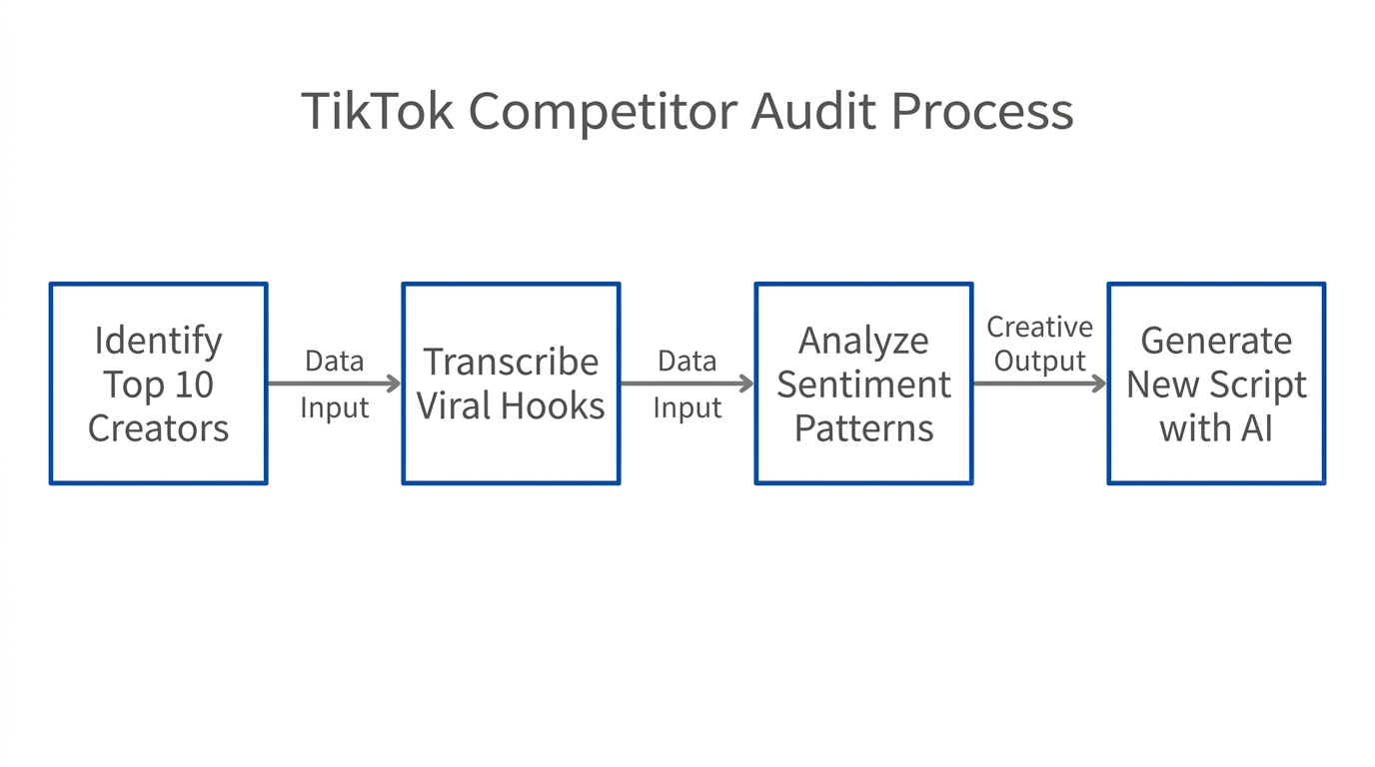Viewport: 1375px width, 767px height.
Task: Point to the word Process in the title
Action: (982, 111)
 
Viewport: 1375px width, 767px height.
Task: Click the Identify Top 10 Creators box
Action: (158, 383)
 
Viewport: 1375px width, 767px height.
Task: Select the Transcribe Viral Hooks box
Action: (511, 383)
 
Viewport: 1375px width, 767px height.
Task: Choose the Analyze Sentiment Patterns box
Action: (863, 383)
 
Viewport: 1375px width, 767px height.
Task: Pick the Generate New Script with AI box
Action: (1216, 383)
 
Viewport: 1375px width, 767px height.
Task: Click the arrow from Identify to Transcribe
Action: (334, 383)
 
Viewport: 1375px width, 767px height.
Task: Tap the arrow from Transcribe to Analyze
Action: (687, 383)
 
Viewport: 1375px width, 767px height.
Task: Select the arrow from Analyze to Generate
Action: (1039, 383)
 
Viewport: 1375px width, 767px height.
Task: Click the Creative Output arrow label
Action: (1039, 344)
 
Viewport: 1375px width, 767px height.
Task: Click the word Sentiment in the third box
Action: (863, 384)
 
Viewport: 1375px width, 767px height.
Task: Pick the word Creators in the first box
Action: (158, 428)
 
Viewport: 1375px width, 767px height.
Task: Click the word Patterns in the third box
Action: (863, 428)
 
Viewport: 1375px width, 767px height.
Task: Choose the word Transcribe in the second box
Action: (511, 362)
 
